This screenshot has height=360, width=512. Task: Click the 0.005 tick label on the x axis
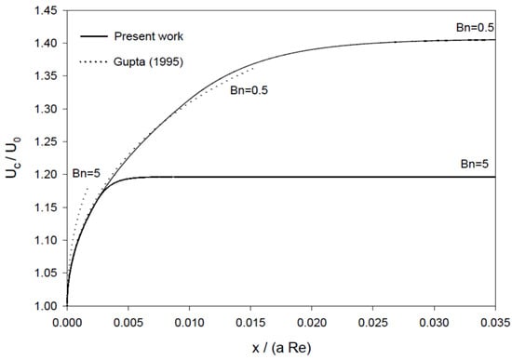tap(128, 323)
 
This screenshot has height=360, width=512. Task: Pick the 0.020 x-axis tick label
tap(312, 323)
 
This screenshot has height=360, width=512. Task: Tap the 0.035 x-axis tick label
tap(495, 323)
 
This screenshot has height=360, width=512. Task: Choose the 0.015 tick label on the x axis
tap(250, 323)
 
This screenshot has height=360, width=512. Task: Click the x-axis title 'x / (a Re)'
tap(281, 348)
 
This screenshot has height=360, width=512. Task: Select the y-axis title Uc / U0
tap(13, 157)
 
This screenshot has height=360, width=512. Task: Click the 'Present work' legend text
tap(149, 36)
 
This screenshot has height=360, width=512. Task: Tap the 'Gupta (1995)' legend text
tap(148, 61)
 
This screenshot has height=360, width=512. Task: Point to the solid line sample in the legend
tap(94, 36)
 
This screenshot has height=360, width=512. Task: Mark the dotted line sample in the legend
tap(94, 61)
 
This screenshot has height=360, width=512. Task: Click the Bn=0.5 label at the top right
tap(475, 27)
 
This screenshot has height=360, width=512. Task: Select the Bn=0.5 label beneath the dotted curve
tap(249, 90)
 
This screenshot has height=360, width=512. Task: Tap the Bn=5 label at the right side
tap(475, 164)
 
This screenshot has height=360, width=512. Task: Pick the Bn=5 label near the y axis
tap(87, 173)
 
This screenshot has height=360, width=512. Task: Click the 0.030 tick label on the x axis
tap(435, 323)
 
